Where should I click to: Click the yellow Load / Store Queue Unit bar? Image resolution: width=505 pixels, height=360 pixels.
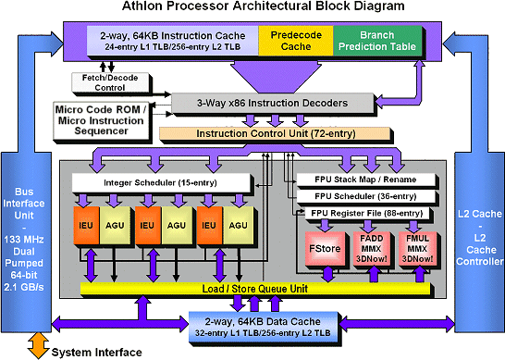[x=249, y=289]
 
